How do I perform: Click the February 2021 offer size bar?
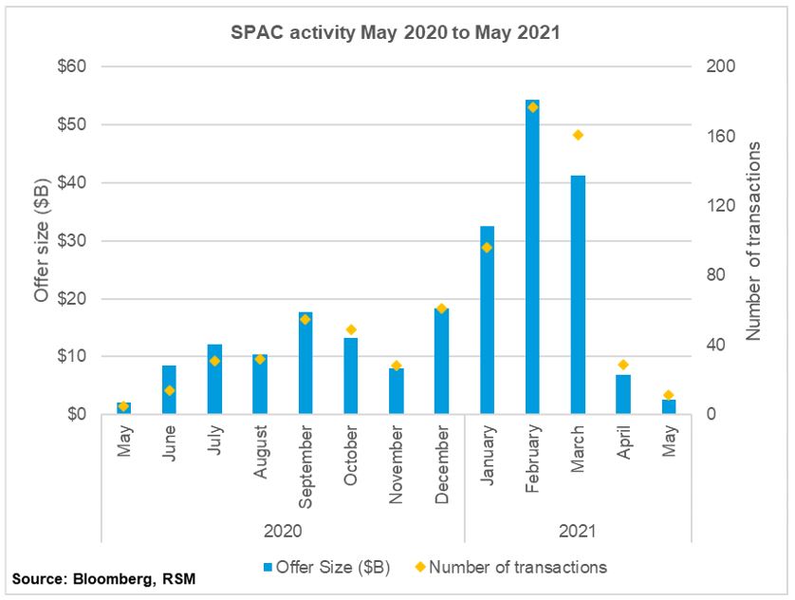[532, 256]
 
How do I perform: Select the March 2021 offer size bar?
[578, 294]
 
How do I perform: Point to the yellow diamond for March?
[578, 135]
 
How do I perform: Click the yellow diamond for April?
[623, 365]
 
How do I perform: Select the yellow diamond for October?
[351, 329]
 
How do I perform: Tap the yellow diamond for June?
[170, 390]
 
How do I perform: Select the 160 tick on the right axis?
[721, 137]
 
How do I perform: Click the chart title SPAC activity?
[397, 31]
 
